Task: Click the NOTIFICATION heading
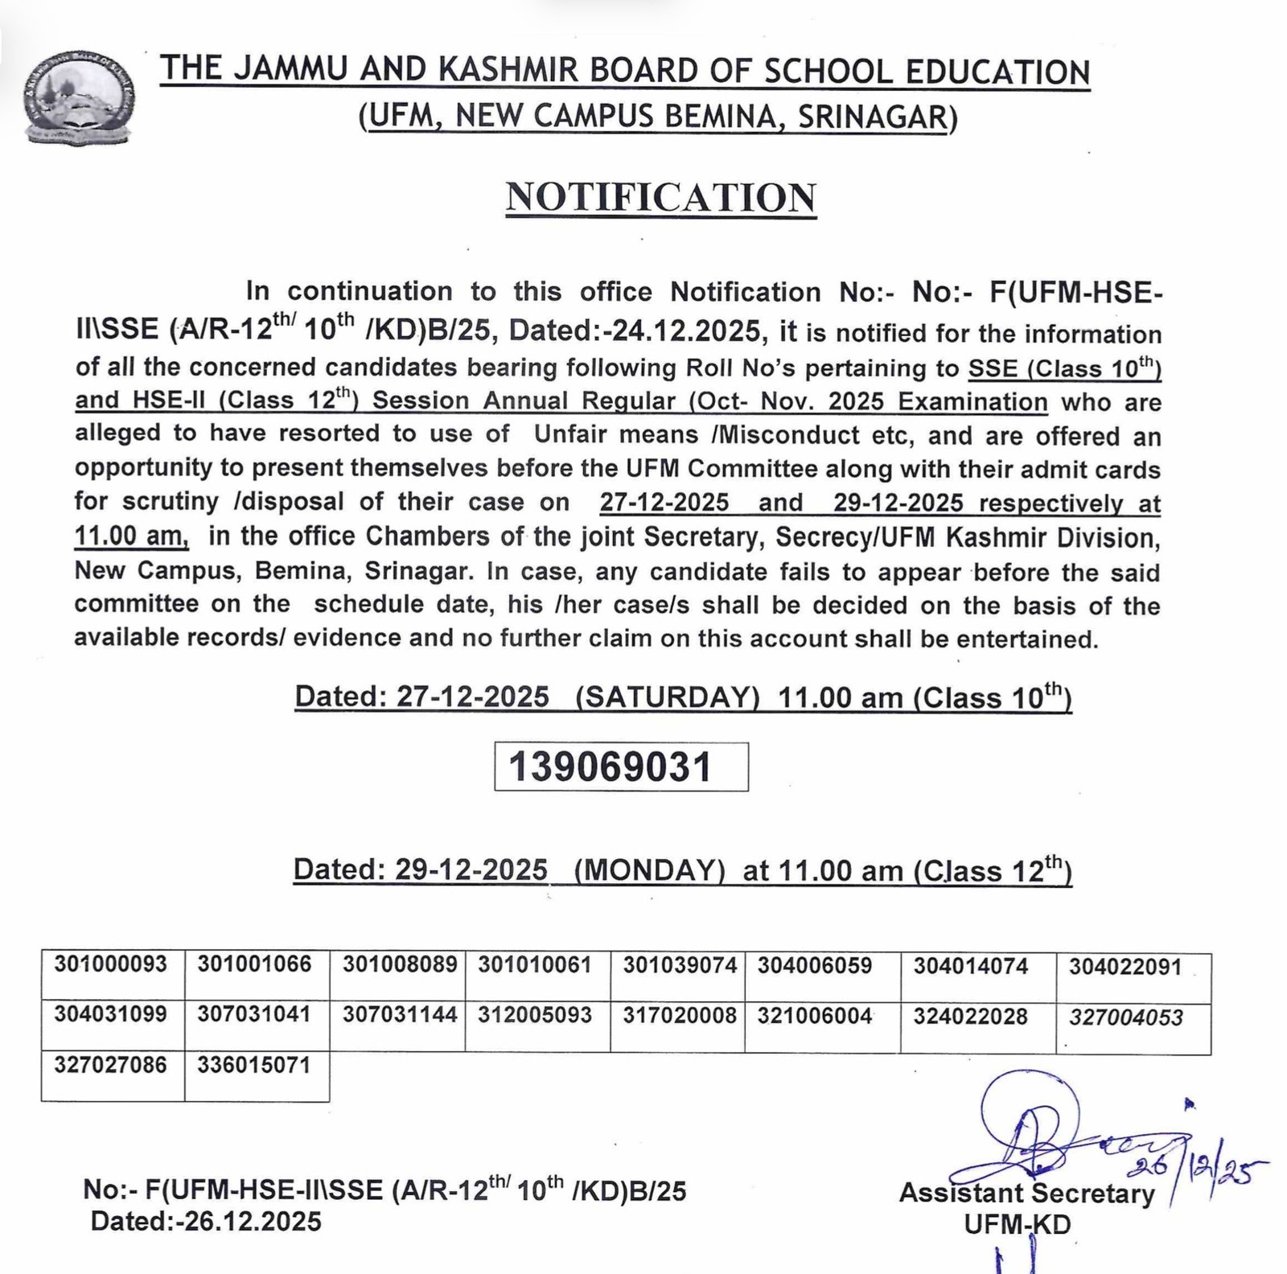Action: click(x=660, y=198)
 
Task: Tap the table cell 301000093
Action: click(x=111, y=964)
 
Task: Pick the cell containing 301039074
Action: click(x=680, y=965)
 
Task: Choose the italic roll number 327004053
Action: click(x=1126, y=1017)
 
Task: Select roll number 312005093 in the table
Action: click(x=535, y=1015)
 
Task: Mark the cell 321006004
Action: click(x=815, y=1016)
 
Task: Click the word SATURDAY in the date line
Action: click(x=667, y=697)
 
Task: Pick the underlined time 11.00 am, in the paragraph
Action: click(x=131, y=535)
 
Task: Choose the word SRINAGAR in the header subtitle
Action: click(x=872, y=118)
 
